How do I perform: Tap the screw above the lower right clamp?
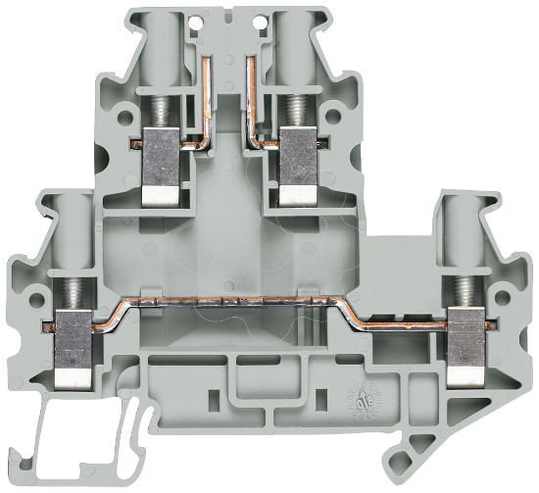465,291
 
